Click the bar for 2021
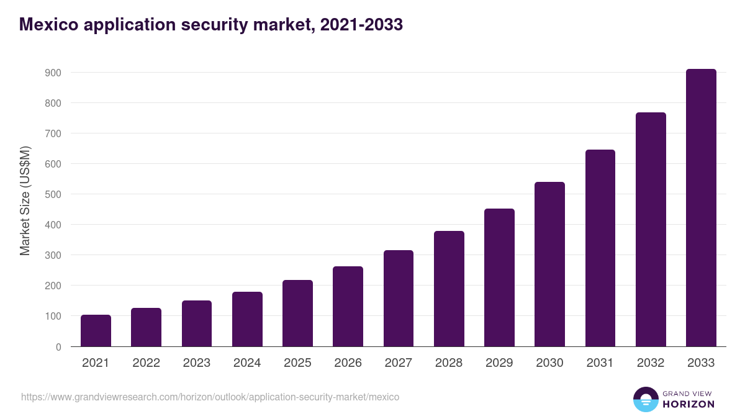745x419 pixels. point(96,331)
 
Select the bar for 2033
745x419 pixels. point(701,208)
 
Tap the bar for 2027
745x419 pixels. point(399,299)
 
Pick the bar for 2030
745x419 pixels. point(549,264)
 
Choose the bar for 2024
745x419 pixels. point(247,319)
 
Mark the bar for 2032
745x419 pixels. point(651,230)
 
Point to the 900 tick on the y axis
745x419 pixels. point(53,73)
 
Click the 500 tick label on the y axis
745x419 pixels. point(53,194)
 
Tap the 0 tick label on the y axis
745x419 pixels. point(58,347)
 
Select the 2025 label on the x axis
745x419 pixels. point(297,363)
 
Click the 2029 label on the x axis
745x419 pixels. point(499,363)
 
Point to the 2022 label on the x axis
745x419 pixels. point(146,363)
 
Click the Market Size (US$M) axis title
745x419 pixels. point(25,200)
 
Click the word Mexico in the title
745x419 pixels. point(47,24)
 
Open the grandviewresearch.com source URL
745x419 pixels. point(210,397)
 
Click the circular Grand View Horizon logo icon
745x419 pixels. point(645,399)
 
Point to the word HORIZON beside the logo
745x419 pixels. point(689,404)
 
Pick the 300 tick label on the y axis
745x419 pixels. point(53,255)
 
